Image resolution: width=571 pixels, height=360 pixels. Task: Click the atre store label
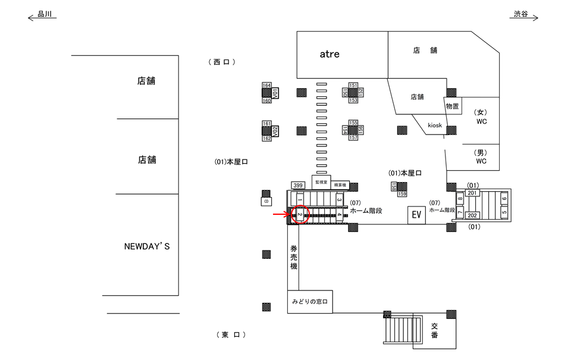[329, 54]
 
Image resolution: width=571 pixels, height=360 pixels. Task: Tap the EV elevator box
[416, 215]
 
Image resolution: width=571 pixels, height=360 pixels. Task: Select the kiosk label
[435, 126]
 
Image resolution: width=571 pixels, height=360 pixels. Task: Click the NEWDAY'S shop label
[147, 246]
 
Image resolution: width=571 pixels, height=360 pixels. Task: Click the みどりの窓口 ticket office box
[309, 302]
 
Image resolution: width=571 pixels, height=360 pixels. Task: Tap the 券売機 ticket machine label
[293, 258]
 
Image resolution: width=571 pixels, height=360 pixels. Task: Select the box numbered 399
[298, 186]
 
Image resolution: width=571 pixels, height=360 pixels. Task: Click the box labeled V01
[275, 93]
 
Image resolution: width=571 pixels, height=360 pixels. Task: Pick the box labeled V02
[275, 130]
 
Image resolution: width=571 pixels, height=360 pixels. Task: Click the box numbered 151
[353, 86]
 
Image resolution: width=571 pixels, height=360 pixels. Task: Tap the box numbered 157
[353, 137]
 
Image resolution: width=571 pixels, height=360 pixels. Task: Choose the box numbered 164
[267, 86]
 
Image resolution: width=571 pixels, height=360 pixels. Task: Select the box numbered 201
[472, 193]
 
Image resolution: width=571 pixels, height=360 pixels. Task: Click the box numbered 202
[472, 215]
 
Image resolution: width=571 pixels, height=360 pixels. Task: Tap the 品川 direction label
[45, 14]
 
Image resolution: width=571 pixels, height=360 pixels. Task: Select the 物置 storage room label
[452, 107]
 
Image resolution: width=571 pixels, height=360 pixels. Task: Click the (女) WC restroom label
[481, 117]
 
